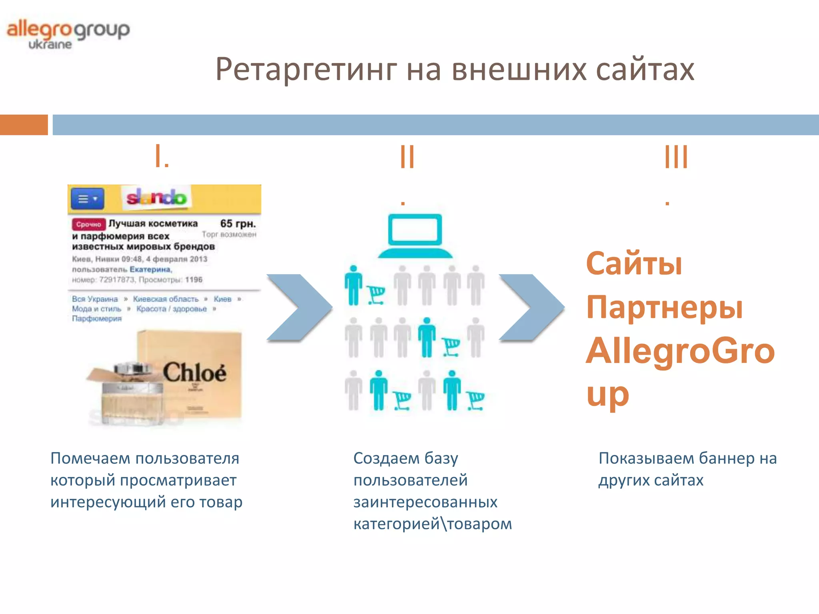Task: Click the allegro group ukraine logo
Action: coord(68,34)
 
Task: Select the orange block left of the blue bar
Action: coord(24,125)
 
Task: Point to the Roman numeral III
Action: coord(676,157)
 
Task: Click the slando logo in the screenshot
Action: coord(156,197)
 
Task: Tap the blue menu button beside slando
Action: coord(88,199)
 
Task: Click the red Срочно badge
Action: coord(88,224)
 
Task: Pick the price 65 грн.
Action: coord(238,223)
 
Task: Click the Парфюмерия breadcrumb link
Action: coord(97,319)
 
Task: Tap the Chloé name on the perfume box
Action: coord(194,373)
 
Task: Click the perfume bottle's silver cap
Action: coord(132,368)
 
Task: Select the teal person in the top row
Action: coord(354,285)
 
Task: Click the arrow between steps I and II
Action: coord(299,307)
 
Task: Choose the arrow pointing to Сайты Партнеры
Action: coord(531,307)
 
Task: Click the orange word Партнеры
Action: coord(664,308)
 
